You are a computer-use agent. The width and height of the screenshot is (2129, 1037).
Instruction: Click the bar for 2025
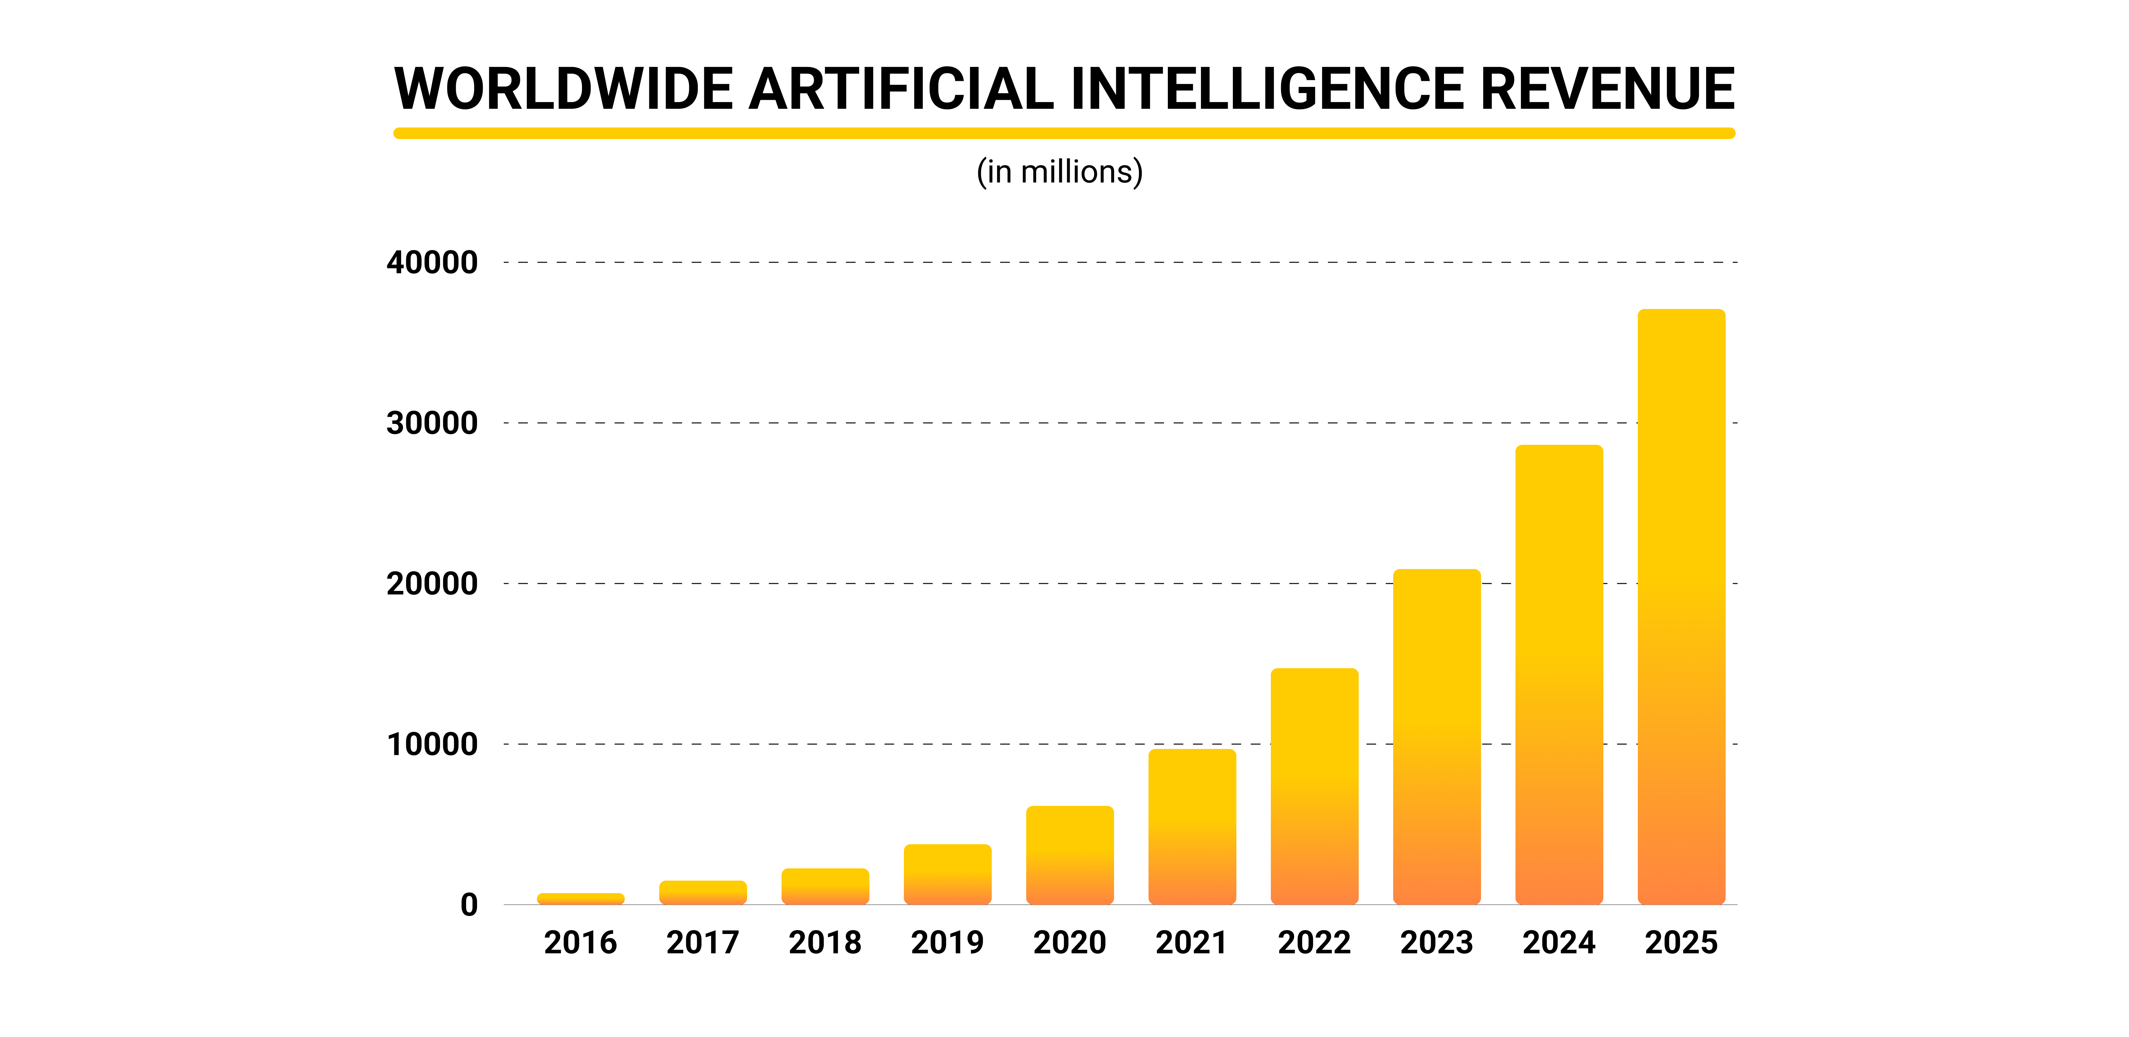click(x=1681, y=607)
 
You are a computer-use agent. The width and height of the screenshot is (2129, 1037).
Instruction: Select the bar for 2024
click(x=1559, y=675)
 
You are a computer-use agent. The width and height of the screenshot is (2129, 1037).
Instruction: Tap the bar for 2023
click(x=1436, y=737)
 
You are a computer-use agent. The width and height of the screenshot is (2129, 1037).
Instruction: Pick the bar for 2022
click(x=1314, y=787)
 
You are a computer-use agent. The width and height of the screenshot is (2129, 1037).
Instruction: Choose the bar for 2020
click(x=1069, y=855)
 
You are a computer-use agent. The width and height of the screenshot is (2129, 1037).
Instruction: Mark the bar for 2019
click(x=947, y=874)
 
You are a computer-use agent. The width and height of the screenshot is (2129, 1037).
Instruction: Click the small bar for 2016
click(x=580, y=899)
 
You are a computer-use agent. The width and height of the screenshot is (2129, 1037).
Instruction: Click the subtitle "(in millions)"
click(x=1060, y=172)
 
